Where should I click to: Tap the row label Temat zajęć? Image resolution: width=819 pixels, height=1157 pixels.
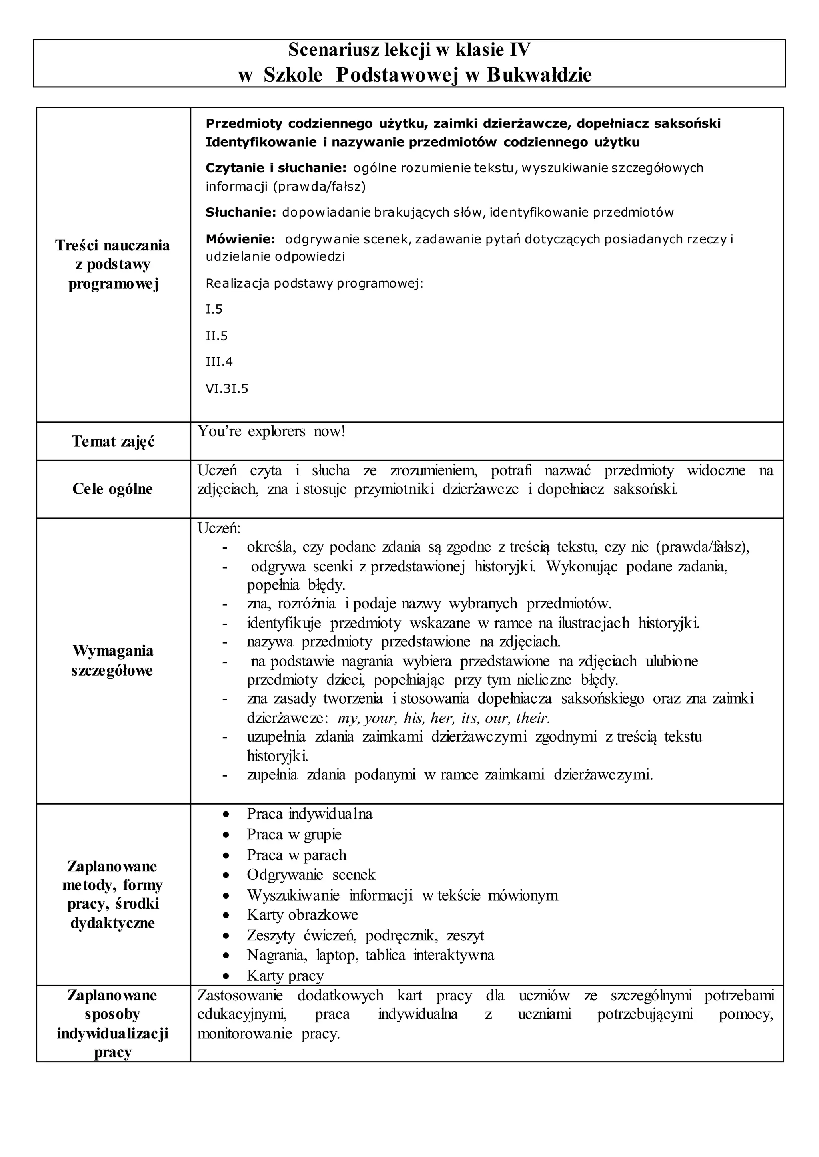[113, 441]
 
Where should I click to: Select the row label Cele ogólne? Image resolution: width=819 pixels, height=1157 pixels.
[112, 489]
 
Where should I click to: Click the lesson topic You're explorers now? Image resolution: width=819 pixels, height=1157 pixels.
[271, 431]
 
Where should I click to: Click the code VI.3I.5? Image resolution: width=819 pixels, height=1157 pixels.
[226, 388]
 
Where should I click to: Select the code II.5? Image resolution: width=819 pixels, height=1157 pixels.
[216, 336]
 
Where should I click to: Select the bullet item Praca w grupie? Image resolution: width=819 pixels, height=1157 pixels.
[294, 835]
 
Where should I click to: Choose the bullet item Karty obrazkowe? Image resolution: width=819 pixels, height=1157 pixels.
[302, 914]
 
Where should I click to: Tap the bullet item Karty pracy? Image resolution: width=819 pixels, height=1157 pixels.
[285, 976]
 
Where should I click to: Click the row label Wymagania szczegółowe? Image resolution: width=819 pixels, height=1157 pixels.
[112, 661]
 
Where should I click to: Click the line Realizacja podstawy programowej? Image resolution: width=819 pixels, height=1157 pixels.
[314, 284]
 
